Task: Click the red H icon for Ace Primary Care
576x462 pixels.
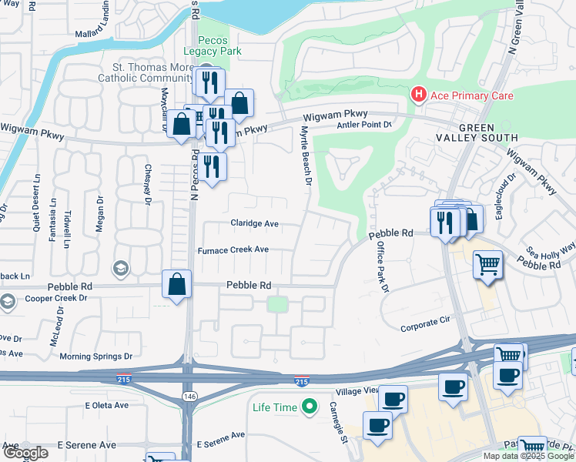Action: coord(418,95)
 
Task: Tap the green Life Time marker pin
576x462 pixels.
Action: coord(310,404)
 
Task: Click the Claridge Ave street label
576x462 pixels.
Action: coord(254,224)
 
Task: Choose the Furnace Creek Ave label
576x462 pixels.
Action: coord(233,250)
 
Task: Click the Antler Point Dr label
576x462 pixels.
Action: coord(363,125)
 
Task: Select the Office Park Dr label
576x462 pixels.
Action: coord(383,266)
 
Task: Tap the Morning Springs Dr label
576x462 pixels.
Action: coord(96,357)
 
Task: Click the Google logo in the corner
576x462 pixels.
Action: coord(25,453)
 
